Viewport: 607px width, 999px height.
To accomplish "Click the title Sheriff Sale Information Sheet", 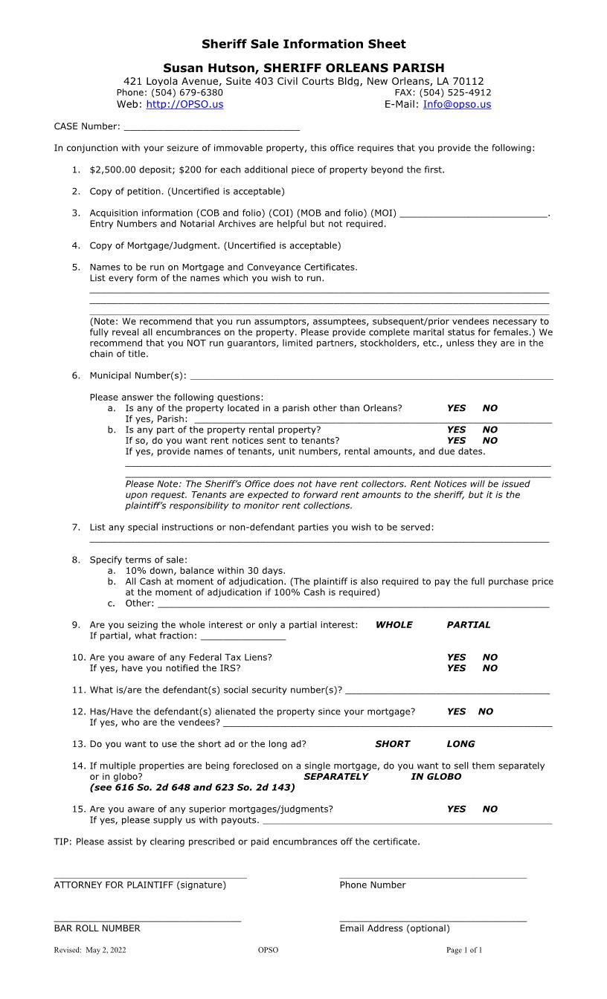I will click(x=303, y=45).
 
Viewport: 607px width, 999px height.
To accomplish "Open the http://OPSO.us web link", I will click(x=184, y=105).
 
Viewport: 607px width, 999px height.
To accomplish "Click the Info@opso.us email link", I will click(x=457, y=105).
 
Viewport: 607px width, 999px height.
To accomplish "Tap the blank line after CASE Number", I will click(x=211, y=129).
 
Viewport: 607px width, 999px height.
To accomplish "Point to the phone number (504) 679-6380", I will click(x=187, y=93).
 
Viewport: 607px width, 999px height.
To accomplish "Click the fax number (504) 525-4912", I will click(x=455, y=93).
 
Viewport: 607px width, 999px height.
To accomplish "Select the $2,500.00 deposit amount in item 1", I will click(x=112, y=170).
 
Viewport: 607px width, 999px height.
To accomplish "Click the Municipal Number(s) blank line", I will click(x=372, y=378).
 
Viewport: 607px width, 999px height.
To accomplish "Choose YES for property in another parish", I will click(x=456, y=408).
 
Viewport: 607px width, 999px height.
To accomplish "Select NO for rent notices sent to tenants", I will click(x=489, y=441).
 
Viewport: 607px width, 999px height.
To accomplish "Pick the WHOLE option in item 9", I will click(x=394, y=625).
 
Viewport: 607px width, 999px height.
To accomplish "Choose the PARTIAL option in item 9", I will click(x=469, y=625).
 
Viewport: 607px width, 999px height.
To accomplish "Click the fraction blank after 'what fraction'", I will click(x=243, y=638).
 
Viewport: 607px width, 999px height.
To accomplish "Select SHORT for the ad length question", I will click(x=392, y=744).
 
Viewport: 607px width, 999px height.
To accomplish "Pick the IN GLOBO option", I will click(x=436, y=777).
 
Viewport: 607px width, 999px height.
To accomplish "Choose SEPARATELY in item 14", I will click(x=335, y=777).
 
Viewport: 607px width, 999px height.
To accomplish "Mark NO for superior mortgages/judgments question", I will click(x=489, y=809).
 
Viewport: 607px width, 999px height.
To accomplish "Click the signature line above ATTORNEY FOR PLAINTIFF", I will click(x=150, y=876).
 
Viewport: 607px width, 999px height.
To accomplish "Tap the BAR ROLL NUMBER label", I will click(x=97, y=928).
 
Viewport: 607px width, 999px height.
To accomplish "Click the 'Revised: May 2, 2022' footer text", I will click(x=90, y=950).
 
